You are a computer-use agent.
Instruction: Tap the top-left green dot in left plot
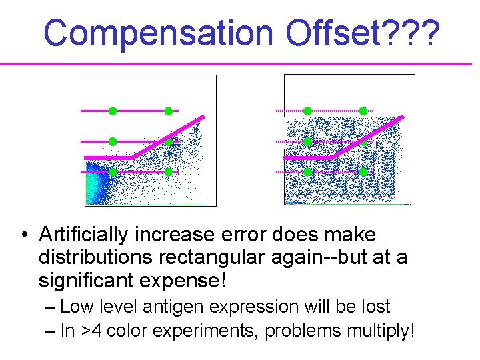pos(113,111)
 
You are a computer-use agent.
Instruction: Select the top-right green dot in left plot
pos(168,111)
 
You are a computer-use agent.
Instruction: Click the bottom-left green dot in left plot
pos(113,172)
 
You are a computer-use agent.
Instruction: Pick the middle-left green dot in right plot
pos(307,141)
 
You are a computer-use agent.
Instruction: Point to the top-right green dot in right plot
pos(363,111)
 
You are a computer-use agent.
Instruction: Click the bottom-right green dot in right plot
pos(363,172)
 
